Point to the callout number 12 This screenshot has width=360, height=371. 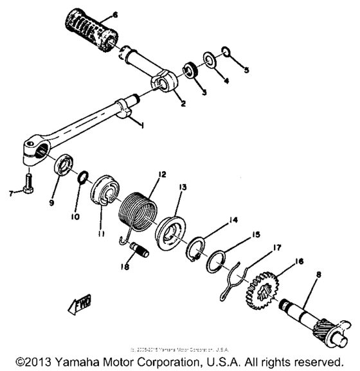pos(161,175)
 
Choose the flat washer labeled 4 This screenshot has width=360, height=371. pos(208,60)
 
